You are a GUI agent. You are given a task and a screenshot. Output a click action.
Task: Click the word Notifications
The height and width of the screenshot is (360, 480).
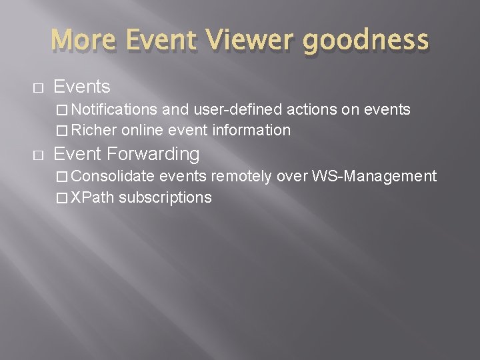coord(114,109)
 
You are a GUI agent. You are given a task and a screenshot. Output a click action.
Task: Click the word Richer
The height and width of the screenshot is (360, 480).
coord(93,130)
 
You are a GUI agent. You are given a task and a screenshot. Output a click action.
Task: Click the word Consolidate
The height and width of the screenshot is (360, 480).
coord(113,176)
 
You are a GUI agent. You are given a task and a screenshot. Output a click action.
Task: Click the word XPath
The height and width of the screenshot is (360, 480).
coord(93,197)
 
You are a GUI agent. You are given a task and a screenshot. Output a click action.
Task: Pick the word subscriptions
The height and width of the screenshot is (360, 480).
coord(165,197)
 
